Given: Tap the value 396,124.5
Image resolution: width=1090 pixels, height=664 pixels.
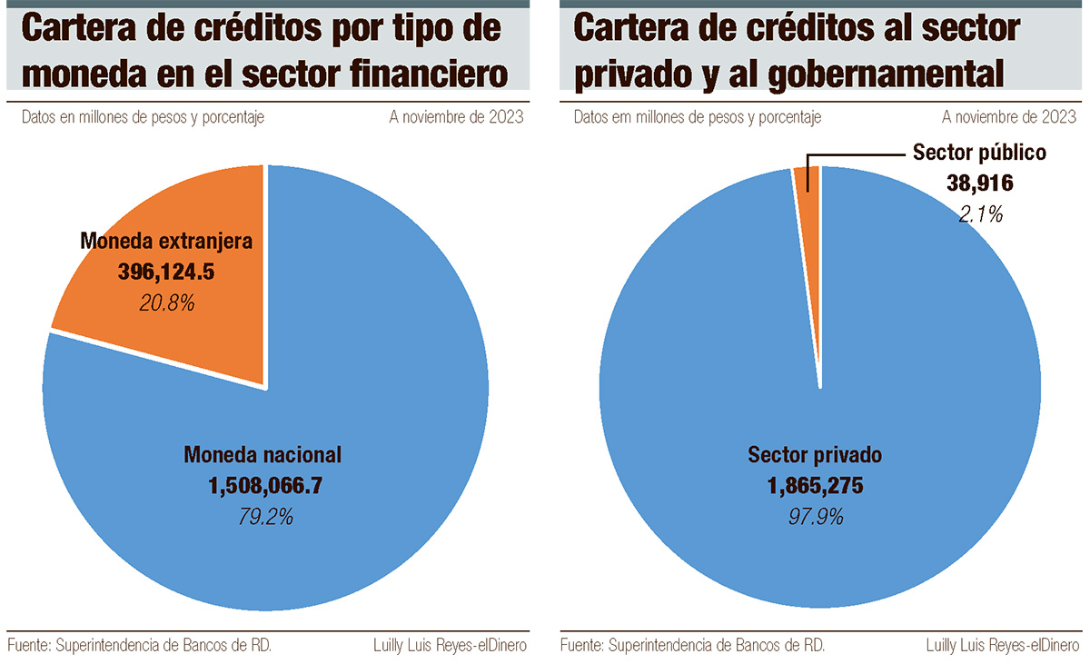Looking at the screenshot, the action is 166,272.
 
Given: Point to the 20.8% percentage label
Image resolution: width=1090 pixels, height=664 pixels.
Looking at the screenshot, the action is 167,303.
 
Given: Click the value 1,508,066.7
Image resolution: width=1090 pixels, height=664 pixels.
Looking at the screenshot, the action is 265,485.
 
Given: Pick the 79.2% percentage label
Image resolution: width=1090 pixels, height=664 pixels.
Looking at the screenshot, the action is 265,517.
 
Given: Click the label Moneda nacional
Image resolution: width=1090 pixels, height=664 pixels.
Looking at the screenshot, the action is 263,455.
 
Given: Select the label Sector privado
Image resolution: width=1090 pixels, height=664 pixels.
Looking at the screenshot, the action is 815,455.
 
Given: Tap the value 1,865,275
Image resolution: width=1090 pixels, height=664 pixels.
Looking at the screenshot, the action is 815,485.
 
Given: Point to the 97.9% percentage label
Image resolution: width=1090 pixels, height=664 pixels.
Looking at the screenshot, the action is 816,517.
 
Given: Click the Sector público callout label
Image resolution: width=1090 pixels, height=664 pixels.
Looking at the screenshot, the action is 979,153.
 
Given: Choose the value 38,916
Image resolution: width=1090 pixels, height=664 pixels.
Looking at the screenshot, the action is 979,183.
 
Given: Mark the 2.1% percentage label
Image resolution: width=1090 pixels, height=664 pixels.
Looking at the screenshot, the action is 980,214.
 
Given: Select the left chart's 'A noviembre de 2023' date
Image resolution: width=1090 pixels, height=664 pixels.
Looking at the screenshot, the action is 456,117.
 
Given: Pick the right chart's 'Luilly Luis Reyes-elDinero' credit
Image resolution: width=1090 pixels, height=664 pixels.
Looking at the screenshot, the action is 1003,646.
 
